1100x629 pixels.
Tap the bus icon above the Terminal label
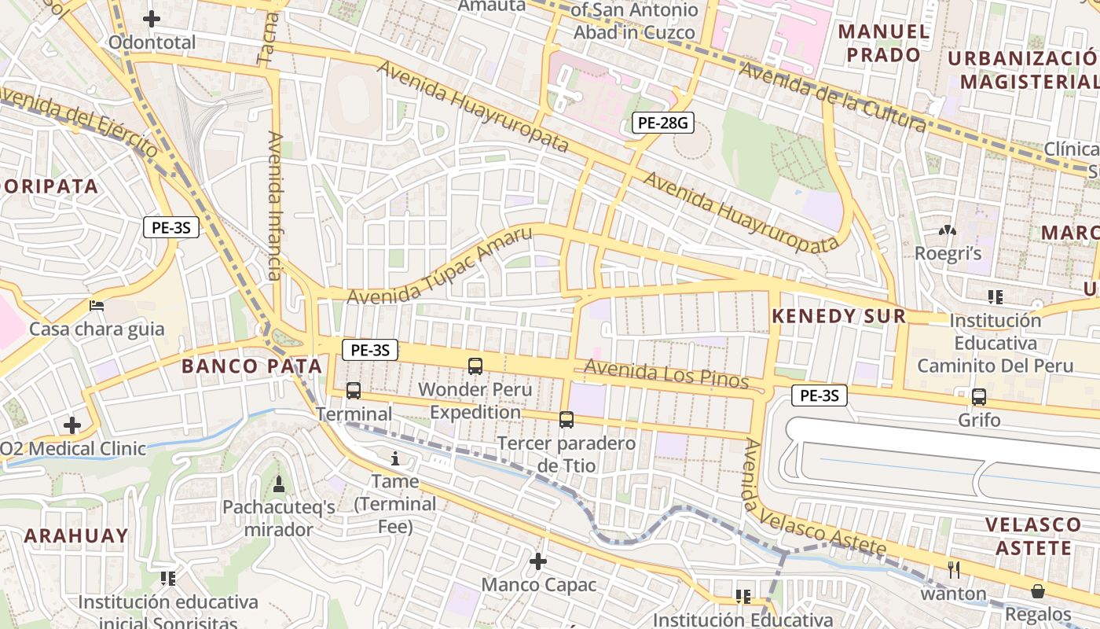354,391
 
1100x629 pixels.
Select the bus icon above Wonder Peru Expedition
475,366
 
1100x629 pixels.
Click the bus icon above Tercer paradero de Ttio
566,420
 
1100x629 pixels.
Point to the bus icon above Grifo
979,397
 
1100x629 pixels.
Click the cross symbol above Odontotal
152,19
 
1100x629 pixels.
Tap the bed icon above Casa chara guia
97,305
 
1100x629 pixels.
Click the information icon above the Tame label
395,458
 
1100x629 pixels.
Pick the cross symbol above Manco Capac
538,561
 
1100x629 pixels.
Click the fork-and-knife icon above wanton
954,570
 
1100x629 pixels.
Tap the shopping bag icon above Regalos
1038,591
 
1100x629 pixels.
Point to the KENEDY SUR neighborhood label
839,316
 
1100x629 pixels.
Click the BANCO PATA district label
252,366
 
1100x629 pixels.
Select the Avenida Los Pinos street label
666,374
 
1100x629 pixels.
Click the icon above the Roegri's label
948,231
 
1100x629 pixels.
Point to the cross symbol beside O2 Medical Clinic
72,426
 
